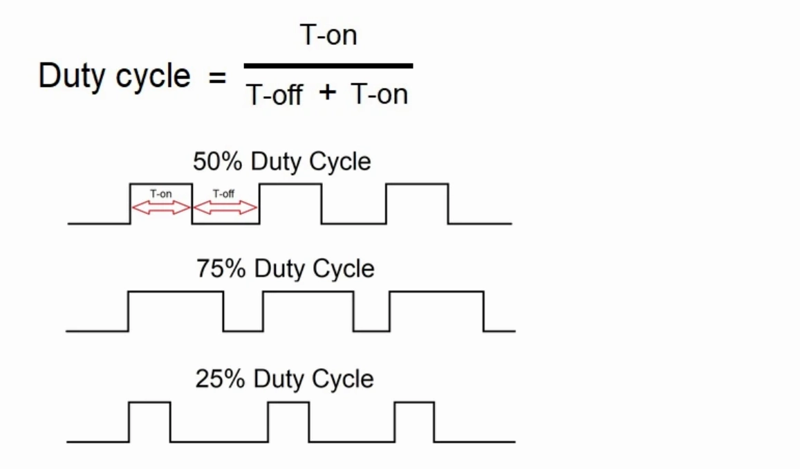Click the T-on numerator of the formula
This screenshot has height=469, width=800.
[328, 35]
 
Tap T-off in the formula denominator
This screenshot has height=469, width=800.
[275, 94]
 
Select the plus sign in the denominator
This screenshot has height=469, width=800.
[328, 93]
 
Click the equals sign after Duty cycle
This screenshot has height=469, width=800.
[217, 78]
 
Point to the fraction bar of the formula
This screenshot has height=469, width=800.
[328, 66]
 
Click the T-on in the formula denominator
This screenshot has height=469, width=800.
[380, 94]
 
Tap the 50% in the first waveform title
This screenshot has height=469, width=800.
[217, 161]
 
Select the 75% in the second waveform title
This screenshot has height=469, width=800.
[221, 268]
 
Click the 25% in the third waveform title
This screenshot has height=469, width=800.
[220, 379]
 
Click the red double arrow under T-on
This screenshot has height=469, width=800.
[161, 208]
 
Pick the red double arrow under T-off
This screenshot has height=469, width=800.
[225, 208]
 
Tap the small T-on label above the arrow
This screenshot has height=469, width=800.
[160, 194]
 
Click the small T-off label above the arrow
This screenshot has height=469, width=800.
[223, 194]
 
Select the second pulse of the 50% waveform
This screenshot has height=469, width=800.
[291, 184]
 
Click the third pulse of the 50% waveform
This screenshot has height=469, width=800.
[418, 184]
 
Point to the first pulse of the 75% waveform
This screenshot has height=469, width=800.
[176, 292]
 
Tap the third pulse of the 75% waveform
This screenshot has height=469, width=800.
[437, 292]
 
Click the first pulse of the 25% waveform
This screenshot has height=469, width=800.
[149, 403]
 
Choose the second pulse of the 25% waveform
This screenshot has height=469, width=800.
[288, 403]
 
